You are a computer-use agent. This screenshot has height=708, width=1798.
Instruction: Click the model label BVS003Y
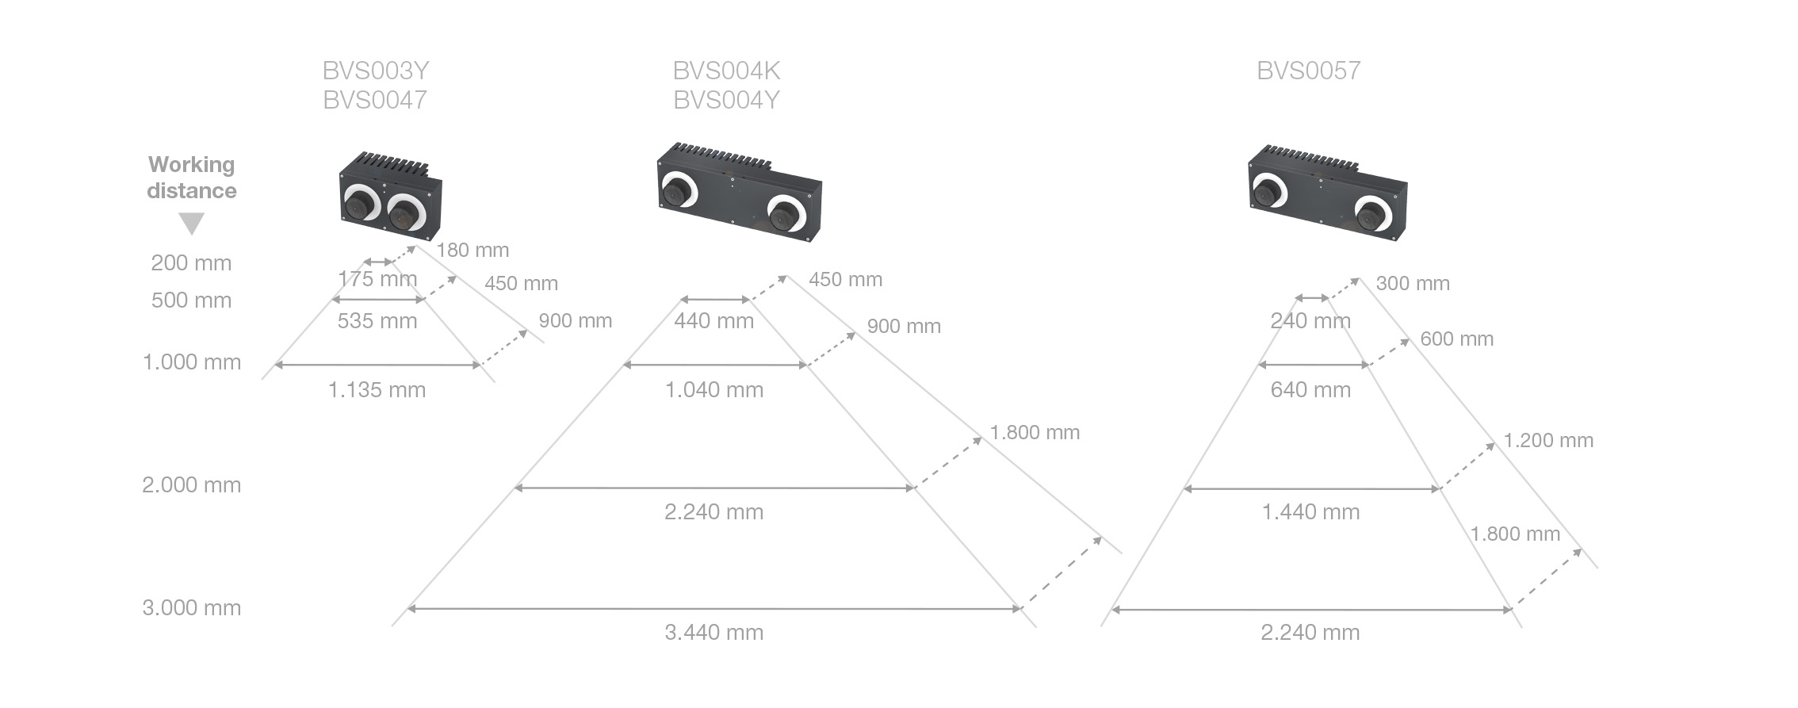[x=376, y=71]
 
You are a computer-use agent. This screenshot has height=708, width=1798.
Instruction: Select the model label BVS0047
[x=376, y=100]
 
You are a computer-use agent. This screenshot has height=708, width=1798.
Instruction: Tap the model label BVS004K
[x=727, y=71]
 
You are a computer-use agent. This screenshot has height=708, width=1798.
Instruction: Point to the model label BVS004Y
[x=727, y=100]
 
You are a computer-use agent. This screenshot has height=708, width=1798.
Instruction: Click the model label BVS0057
[x=1309, y=71]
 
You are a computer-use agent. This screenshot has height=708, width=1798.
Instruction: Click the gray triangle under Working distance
[x=192, y=224]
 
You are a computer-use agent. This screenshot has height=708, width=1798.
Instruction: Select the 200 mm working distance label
[x=192, y=262]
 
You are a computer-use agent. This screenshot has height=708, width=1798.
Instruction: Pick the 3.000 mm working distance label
[x=192, y=607]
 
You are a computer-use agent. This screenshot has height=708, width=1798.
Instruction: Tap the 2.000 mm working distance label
[x=192, y=484]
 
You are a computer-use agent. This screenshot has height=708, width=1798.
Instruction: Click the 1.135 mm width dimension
[x=377, y=389]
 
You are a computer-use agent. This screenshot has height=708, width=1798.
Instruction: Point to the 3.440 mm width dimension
[x=714, y=632]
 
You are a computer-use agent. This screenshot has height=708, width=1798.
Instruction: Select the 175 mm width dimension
[x=377, y=278]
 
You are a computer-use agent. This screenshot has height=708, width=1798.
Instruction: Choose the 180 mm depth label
[x=472, y=250]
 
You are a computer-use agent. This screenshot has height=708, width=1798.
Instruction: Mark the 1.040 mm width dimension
[x=714, y=389]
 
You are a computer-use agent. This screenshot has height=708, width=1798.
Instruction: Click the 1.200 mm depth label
[x=1548, y=440]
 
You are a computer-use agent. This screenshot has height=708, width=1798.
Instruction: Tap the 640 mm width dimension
[x=1310, y=389]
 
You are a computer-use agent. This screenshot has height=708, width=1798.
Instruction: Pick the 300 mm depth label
[x=1413, y=283]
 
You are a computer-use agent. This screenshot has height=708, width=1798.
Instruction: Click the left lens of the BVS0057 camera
[x=1268, y=190]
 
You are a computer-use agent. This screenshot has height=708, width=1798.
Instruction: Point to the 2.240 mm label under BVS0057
[x=1310, y=632]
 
